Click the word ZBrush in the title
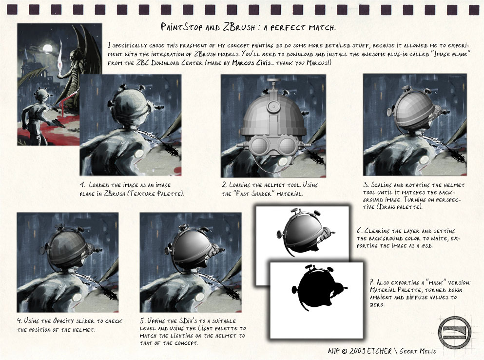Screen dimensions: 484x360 click(x=239, y=27)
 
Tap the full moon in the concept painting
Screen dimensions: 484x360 click(x=47, y=49)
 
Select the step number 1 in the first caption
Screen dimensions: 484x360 click(x=82, y=185)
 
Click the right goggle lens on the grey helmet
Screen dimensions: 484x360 click(x=288, y=146)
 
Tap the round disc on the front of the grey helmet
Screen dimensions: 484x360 click(x=273, y=107)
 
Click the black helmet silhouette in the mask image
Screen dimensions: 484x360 click(x=318, y=287)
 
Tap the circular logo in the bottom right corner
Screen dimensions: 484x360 click(x=455, y=332)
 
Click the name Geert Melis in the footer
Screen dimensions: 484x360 click(x=418, y=351)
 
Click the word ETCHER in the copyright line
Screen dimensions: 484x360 click(x=379, y=351)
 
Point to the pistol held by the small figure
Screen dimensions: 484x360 click(x=58, y=122)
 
